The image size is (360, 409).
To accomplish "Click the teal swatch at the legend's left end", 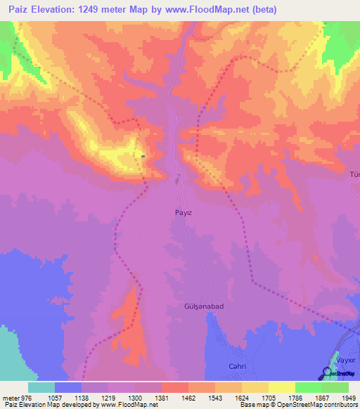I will point(41,387).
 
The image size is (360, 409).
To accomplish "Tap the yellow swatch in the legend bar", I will point(281,387).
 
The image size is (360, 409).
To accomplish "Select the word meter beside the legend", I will point(11,397).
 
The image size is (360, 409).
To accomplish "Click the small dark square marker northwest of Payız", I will point(143,156).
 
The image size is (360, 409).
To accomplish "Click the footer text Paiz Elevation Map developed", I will point(42,405).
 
